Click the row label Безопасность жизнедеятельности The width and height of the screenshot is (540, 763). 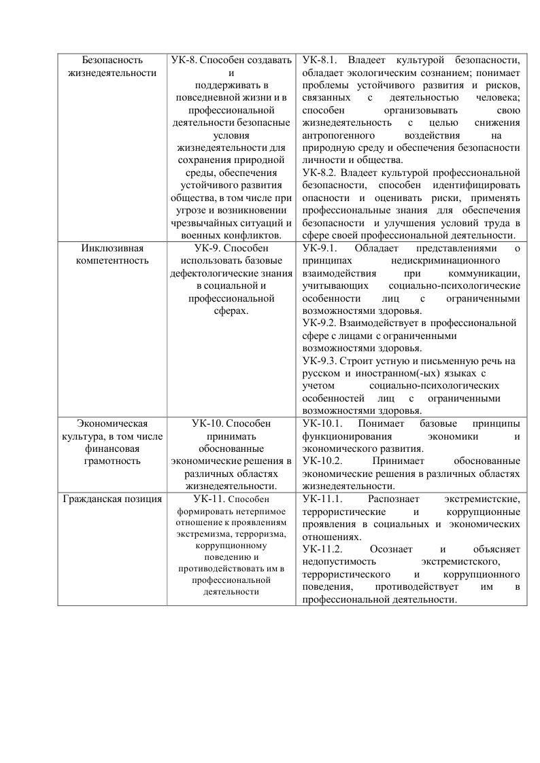[112, 67]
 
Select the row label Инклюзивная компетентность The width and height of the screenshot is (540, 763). [112, 254]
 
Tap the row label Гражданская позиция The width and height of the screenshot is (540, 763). [112, 499]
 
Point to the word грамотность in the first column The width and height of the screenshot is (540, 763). [112, 461]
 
